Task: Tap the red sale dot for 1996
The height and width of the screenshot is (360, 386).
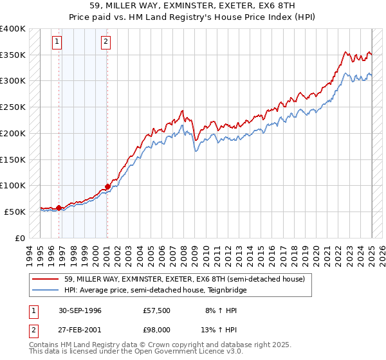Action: [59, 208]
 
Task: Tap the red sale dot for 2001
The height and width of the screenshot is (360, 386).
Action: [107, 186]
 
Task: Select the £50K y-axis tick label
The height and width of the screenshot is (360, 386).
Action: [15, 212]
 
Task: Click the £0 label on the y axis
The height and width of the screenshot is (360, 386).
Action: [20, 238]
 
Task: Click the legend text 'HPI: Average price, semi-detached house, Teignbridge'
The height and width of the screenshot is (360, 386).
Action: [155, 290]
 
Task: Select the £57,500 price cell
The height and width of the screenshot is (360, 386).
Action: [158, 310]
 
